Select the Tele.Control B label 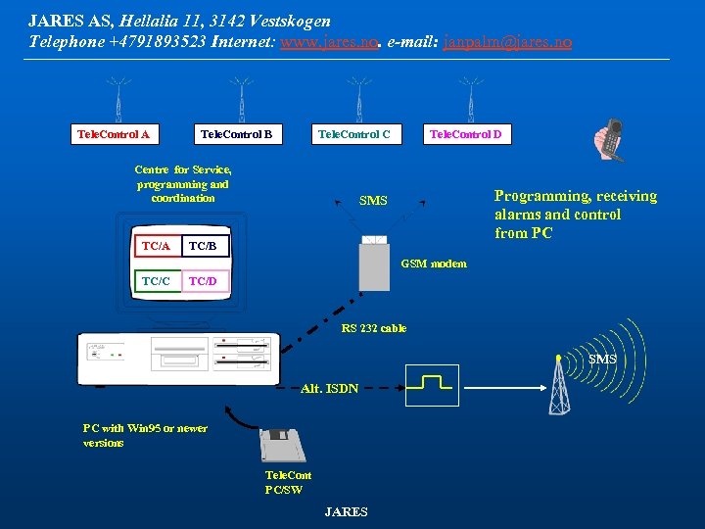236,134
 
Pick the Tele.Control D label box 466,134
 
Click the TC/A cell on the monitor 156,246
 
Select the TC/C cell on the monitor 156,281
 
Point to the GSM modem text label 434,264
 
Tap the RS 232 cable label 373,328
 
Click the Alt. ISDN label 330,389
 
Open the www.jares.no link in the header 329,43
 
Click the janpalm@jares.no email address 507,43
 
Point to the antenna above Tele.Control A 118,99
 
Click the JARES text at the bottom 346,512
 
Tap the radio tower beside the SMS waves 559,385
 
